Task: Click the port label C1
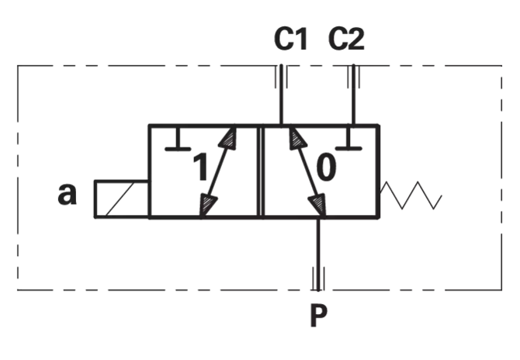coord(291,39)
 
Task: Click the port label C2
coord(346,39)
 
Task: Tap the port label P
coord(318,316)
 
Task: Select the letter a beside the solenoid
coord(67,194)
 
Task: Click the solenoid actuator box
coord(122,199)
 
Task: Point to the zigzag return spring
coord(411,196)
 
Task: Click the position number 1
coord(200,167)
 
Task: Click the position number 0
coord(326,168)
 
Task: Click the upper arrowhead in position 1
coord(228,138)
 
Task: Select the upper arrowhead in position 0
coord(296,138)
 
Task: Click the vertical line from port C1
coord(281,95)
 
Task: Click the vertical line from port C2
coord(353,95)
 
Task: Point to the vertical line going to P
coord(318,254)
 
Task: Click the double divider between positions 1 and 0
coord(261,171)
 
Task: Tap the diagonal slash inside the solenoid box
coord(120,199)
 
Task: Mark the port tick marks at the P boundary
coord(318,279)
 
